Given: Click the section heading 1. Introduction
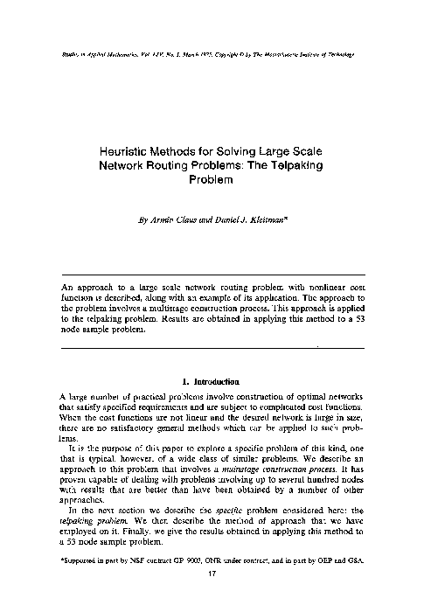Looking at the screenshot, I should click(x=210, y=380).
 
